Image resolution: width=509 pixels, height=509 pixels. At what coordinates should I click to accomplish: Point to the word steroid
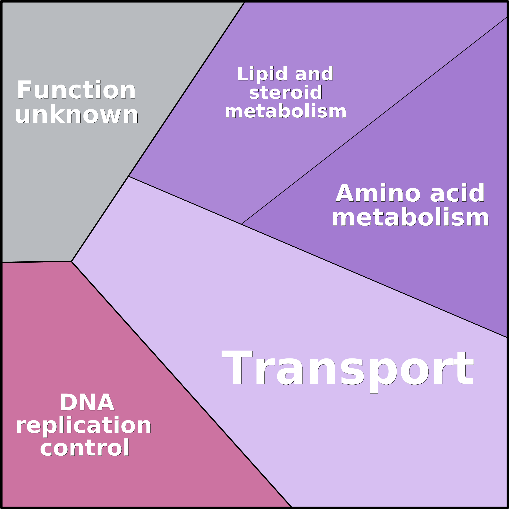286,92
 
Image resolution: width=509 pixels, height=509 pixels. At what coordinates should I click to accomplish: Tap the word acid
457,193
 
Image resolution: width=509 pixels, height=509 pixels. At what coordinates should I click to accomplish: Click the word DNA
87,402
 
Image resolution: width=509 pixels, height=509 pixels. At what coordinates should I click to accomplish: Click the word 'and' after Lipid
314,74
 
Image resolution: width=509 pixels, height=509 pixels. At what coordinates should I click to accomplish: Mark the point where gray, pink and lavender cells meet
71,261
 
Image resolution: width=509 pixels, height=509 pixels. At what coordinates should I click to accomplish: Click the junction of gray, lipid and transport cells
128,176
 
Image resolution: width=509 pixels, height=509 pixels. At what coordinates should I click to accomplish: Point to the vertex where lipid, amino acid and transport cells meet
241,224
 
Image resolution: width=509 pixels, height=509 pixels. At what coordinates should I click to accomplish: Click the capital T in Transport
237,367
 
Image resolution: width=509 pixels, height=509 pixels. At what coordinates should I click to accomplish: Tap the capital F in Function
24,90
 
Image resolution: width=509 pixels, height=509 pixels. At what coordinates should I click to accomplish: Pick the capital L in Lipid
243,74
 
